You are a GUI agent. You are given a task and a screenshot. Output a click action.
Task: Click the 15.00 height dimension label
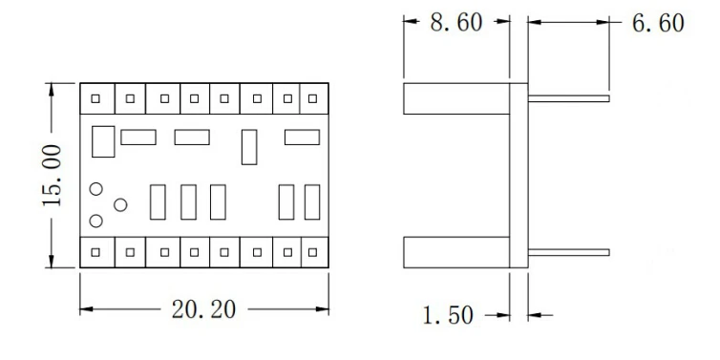point(52,175)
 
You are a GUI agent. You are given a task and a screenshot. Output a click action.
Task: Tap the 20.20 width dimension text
point(203,309)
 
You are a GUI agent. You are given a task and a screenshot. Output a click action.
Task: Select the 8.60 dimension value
point(456,23)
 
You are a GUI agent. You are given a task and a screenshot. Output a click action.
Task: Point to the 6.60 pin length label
point(658,23)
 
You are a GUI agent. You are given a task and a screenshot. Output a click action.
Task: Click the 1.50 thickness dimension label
point(448,315)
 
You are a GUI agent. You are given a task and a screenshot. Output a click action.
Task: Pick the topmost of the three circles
point(95,189)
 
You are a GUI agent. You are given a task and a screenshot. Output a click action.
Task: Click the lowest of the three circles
point(95,221)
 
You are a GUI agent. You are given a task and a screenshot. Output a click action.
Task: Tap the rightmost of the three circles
point(120,204)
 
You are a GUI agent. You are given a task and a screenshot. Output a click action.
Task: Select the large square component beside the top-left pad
point(103,141)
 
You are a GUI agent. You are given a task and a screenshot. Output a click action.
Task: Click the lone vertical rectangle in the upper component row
point(249,147)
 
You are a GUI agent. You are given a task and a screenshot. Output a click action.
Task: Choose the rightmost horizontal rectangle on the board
point(302,138)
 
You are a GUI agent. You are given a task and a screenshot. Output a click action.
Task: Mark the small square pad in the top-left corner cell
point(95,98)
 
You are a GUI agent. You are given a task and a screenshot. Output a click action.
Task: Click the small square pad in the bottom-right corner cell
point(312,252)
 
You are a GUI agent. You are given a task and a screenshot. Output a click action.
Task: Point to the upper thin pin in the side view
point(569,98)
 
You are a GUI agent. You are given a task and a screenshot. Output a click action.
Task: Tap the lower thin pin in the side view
point(569,252)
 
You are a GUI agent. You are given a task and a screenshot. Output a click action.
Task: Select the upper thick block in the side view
point(456,98)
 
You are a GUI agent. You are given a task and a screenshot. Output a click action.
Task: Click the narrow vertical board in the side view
point(519,176)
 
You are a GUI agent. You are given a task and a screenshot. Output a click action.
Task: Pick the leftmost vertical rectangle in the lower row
point(158,202)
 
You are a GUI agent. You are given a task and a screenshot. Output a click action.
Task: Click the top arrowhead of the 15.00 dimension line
point(52,89)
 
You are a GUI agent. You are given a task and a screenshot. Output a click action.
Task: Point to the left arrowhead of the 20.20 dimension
point(86,309)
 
